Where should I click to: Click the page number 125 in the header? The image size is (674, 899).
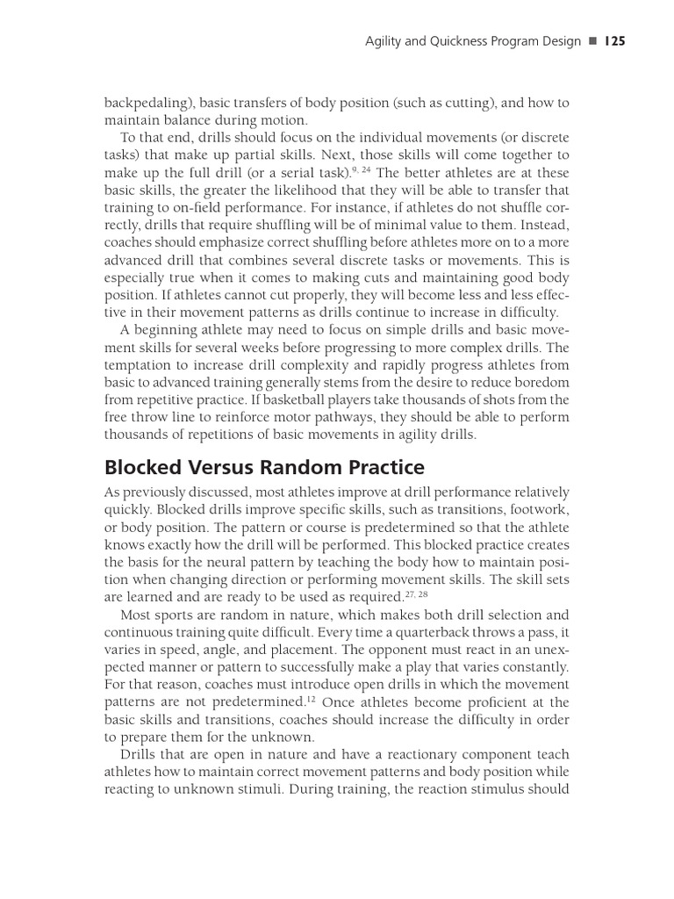tap(613, 41)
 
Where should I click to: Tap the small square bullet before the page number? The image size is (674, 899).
tap(592, 41)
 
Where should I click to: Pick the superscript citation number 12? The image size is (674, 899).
tap(312, 699)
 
